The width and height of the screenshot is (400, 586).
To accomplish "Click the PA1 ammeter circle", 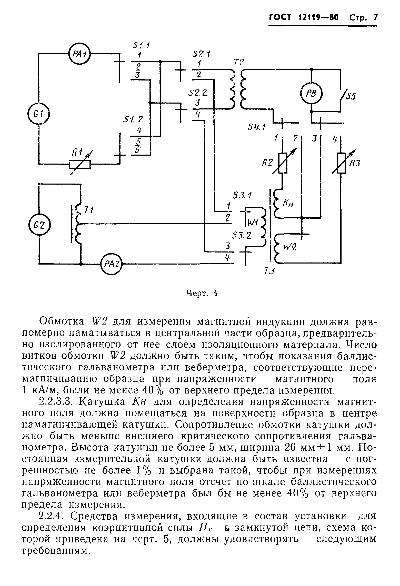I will pos(80,54).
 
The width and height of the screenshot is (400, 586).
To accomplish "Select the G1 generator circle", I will pos(39,114).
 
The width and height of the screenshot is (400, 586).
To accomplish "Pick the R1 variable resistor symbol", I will pos(80,164).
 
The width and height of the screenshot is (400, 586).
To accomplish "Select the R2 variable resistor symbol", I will pos(283,163).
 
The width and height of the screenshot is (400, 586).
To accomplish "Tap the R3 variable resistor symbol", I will pos(341,163).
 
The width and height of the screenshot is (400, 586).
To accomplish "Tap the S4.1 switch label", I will pos(256,127).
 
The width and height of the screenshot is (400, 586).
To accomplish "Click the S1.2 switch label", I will pos(133,120).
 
